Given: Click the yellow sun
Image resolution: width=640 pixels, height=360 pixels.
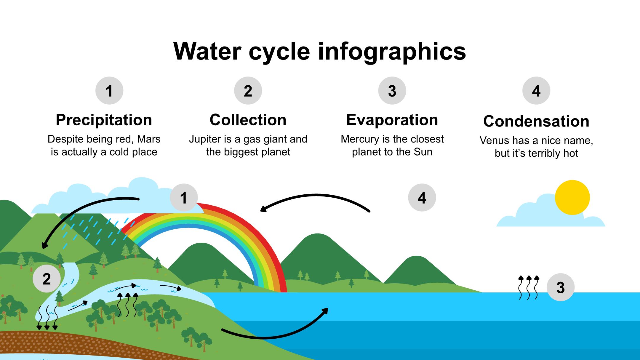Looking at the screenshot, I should coord(572,197).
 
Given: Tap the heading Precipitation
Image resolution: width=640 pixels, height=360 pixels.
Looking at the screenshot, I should coord(104,120).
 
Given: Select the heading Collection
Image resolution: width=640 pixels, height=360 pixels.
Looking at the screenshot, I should coord(248,120).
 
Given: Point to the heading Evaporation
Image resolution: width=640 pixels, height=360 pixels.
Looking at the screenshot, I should coord(392,120).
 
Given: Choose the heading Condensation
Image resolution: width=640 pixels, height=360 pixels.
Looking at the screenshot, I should coord(536,121).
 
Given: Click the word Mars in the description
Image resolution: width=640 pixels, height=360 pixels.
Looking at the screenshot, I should coord(149,139).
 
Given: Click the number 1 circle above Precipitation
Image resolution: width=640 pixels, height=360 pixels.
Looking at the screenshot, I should coord(109,91).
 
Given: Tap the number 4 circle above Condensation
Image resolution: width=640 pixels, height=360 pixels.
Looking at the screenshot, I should coord(536,91).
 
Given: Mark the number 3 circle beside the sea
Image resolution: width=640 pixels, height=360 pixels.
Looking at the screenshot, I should coord(560,287).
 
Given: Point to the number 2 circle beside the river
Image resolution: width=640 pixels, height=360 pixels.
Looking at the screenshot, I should coord(47,279).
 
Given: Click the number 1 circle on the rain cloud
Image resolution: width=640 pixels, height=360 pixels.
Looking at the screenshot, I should coord(184,198).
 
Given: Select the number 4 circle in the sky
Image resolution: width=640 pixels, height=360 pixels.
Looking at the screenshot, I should coord(422,198).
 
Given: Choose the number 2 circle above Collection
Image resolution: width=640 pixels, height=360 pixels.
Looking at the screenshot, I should coord(248,91).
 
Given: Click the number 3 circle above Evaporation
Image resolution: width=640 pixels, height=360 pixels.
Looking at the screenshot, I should coord(392,91).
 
